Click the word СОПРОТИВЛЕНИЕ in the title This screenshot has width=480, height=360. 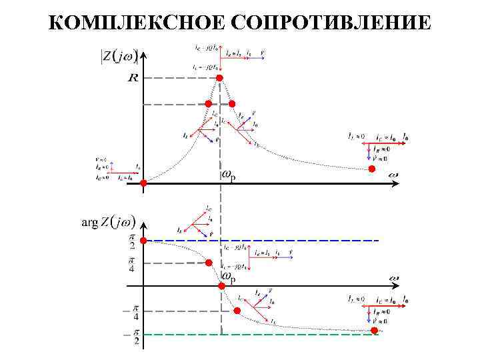coord(329,24)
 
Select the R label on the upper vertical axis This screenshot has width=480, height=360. coord(133,79)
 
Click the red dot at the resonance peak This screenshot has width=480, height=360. coord(219,78)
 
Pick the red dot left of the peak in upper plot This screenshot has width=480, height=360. coord(208,104)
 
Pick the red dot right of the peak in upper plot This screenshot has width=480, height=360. coord(232,104)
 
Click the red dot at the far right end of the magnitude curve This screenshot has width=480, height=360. coord(373,170)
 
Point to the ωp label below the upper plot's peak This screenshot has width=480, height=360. coord(227,175)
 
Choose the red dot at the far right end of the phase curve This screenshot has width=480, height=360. coord(375,331)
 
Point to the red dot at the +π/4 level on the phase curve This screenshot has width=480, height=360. coord(209,263)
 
